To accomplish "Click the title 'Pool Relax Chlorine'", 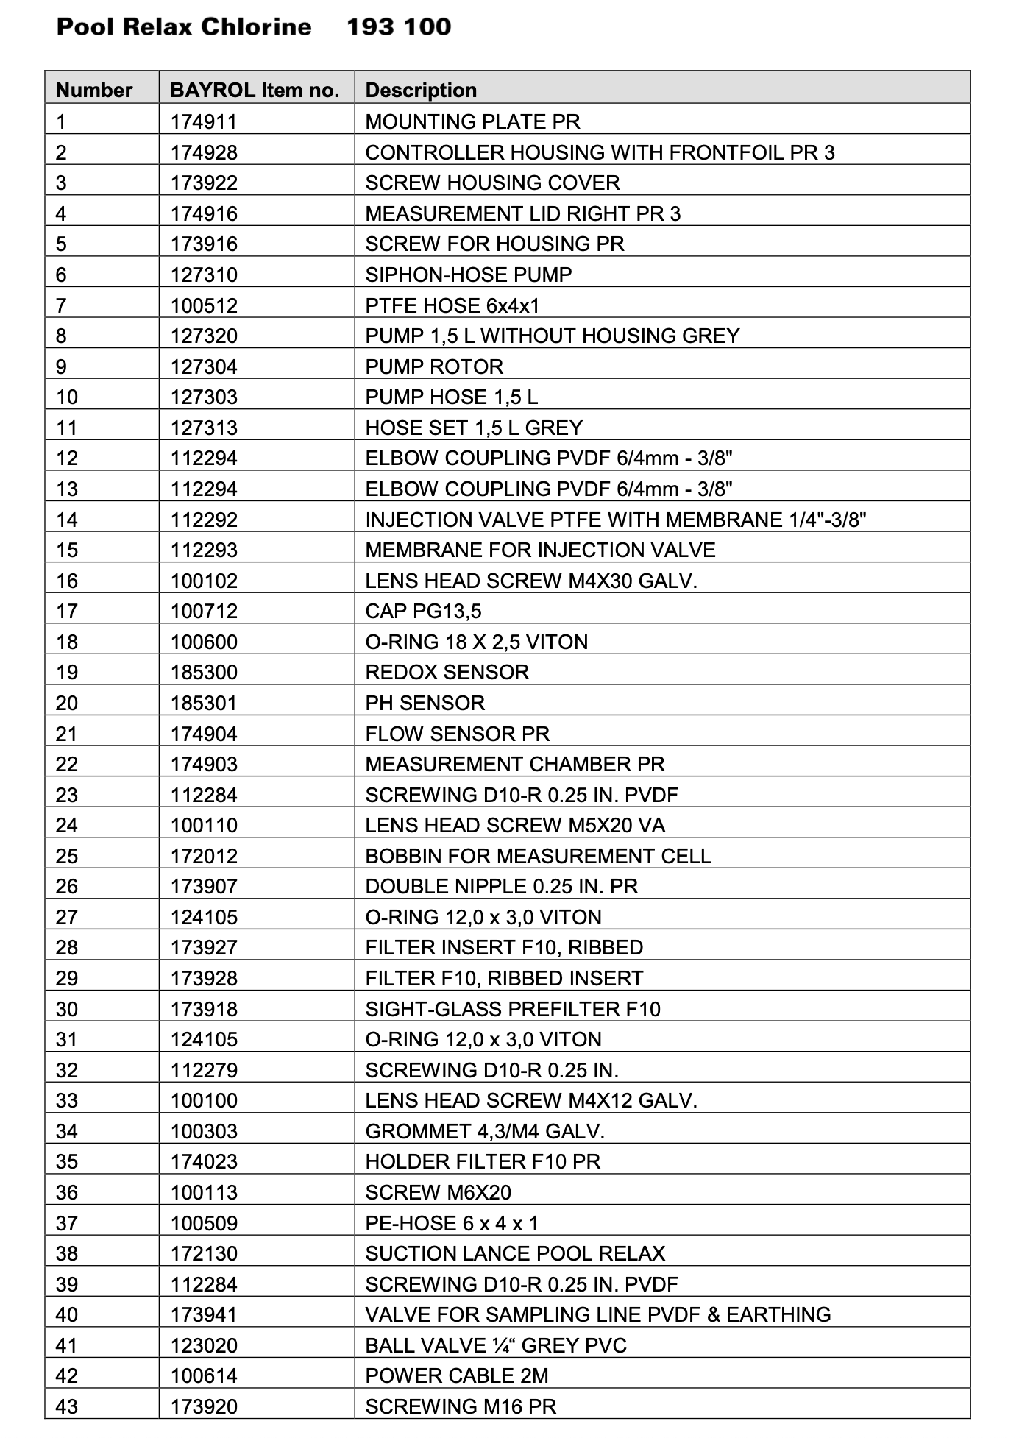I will [x=184, y=27].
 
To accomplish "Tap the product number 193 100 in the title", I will [x=399, y=27].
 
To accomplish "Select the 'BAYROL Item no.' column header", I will [x=255, y=91].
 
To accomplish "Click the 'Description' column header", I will [x=421, y=91].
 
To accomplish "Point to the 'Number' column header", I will [x=94, y=91].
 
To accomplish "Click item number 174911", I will [x=204, y=121].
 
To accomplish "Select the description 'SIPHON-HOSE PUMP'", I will [x=469, y=275].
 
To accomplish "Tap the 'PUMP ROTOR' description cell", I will [x=434, y=366].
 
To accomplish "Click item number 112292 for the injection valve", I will [x=204, y=520].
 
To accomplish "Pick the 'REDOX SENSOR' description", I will [x=447, y=672].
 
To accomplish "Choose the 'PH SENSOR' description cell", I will [x=425, y=703].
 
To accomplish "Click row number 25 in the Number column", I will [x=67, y=856].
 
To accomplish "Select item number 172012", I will [x=204, y=856].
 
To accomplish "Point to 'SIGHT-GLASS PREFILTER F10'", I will [x=513, y=1009].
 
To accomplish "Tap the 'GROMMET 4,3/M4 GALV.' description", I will [x=485, y=1131].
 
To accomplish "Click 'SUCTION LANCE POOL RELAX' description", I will [x=515, y=1253].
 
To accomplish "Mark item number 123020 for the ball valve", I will [x=204, y=1345].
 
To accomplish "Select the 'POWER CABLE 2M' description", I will [x=457, y=1375].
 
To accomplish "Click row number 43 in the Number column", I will [x=67, y=1406].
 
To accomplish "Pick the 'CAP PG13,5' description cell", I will [x=423, y=611].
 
